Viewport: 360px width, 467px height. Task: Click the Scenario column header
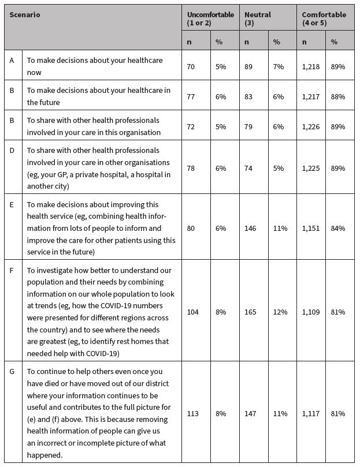point(24,14)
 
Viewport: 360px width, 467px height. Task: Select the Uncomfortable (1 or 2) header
point(211,18)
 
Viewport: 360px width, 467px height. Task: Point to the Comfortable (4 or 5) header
point(324,18)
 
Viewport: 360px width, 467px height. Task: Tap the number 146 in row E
point(251,228)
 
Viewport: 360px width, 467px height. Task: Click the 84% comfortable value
point(338,228)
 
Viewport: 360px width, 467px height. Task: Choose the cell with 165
point(251,312)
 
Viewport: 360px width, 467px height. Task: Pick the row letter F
point(12,270)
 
